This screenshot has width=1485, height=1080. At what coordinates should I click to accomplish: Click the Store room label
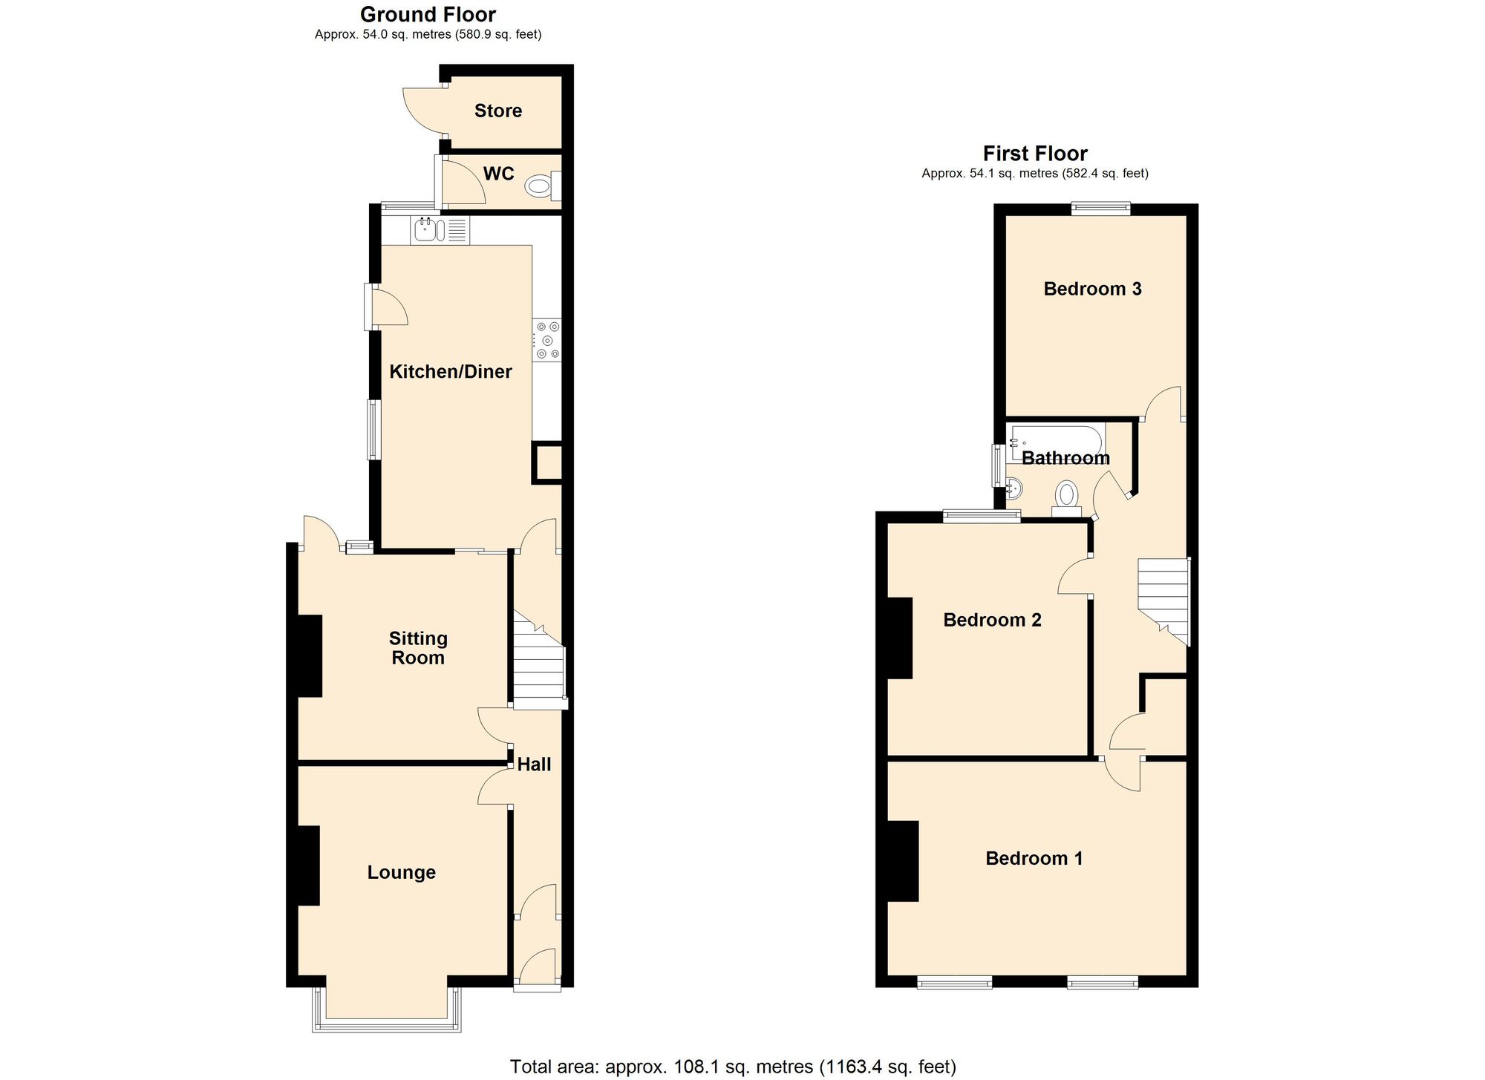pyautogui.click(x=497, y=111)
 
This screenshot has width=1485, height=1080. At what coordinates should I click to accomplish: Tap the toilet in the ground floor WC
pyautogui.click(x=538, y=186)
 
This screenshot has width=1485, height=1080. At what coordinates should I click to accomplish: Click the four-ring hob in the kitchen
pyautogui.click(x=547, y=341)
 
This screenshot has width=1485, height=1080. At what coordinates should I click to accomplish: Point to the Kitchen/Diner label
pyautogui.click(x=451, y=371)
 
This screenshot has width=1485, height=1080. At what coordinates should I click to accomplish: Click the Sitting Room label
pyautogui.click(x=418, y=648)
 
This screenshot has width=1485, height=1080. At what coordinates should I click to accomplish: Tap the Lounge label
pyautogui.click(x=401, y=872)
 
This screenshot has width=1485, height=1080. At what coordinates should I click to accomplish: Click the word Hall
pyautogui.click(x=534, y=764)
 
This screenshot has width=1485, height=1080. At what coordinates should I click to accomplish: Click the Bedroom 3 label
pyautogui.click(x=1092, y=289)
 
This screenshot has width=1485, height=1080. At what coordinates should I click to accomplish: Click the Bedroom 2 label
pyautogui.click(x=992, y=620)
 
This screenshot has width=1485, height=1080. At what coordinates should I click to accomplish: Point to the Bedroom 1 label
pyautogui.click(x=1034, y=859)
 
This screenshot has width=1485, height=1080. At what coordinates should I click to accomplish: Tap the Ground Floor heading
pyautogui.click(x=428, y=14)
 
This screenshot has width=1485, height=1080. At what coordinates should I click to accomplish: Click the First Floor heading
pyautogui.click(x=1035, y=154)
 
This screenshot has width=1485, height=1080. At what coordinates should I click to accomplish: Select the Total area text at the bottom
pyautogui.click(x=733, y=1067)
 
